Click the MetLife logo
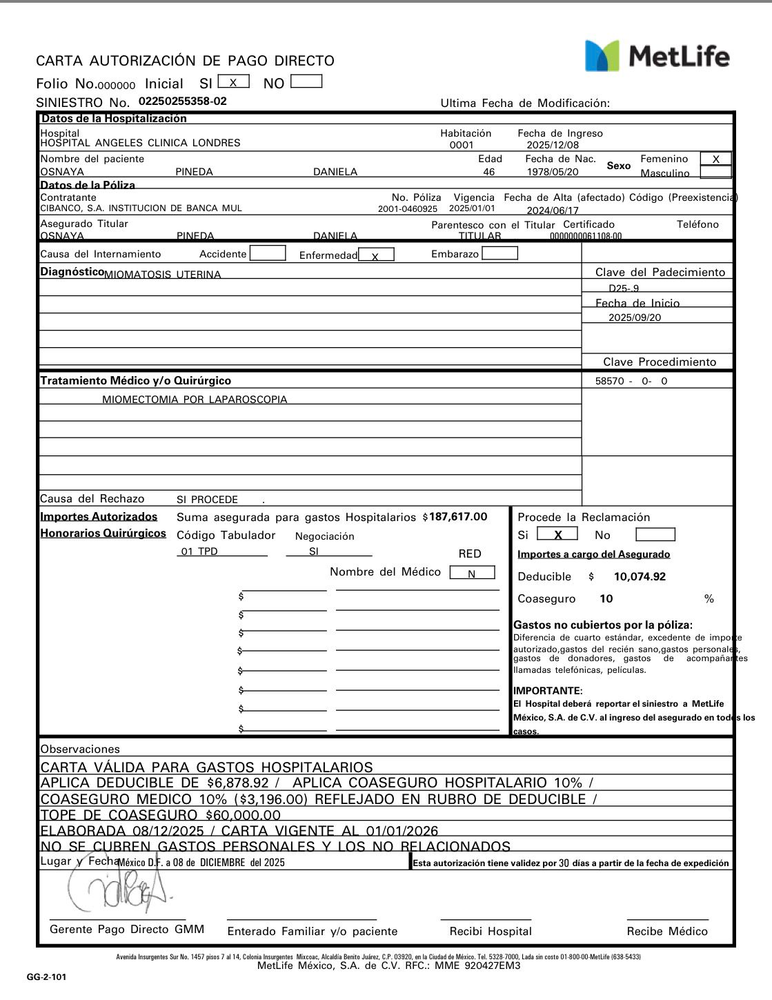(657, 55)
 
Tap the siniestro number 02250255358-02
(182, 101)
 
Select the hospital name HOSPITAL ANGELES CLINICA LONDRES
(140, 144)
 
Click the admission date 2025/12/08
(553, 145)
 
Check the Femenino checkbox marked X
(715, 159)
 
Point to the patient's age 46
(488, 172)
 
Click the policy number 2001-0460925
(407, 208)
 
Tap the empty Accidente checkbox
(268, 253)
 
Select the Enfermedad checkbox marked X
(376, 255)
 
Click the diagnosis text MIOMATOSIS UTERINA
(162, 275)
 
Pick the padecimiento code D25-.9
(624, 288)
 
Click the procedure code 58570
(610, 381)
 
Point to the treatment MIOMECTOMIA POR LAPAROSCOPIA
(195, 400)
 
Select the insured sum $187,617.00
(457, 517)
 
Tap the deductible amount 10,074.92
(640, 577)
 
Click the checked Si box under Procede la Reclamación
(557, 535)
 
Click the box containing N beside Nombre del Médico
(472, 573)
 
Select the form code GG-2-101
(47, 977)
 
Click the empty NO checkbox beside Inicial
(306, 82)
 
